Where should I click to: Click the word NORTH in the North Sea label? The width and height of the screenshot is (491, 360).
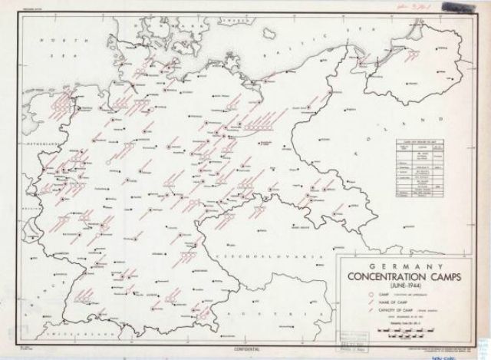(54, 38)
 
